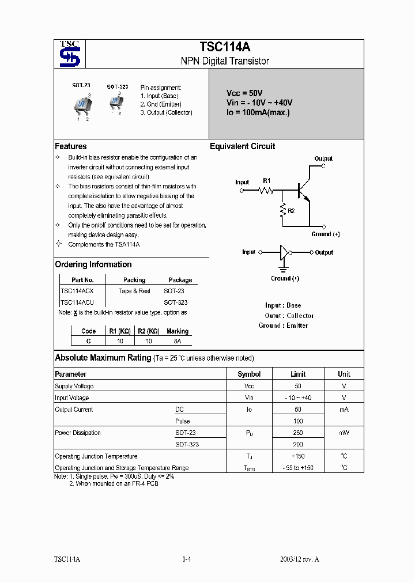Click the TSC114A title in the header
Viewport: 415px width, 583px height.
[225, 48]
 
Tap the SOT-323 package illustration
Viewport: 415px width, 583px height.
[116, 102]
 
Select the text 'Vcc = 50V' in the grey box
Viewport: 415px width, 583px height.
[244, 93]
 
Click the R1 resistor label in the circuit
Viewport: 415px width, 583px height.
[266, 180]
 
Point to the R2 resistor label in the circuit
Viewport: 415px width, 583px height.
[291, 211]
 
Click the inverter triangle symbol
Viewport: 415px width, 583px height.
[283, 252]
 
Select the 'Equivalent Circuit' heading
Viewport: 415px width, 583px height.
[242, 146]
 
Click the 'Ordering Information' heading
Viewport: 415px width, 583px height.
[93, 264]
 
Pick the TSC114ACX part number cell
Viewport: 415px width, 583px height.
[77, 291]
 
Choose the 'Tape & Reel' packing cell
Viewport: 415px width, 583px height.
[134, 291]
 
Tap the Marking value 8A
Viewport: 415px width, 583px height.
[177, 341]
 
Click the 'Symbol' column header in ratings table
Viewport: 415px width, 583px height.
[249, 374]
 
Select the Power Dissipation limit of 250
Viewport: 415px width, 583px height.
[297, 433]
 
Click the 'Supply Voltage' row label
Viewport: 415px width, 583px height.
[74, 386]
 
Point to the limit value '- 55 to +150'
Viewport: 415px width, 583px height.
[297, 468]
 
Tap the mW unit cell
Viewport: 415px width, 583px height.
[344, 433]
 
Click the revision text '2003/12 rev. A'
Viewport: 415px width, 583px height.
[299, 559]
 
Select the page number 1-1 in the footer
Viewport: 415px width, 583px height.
[186, 559]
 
